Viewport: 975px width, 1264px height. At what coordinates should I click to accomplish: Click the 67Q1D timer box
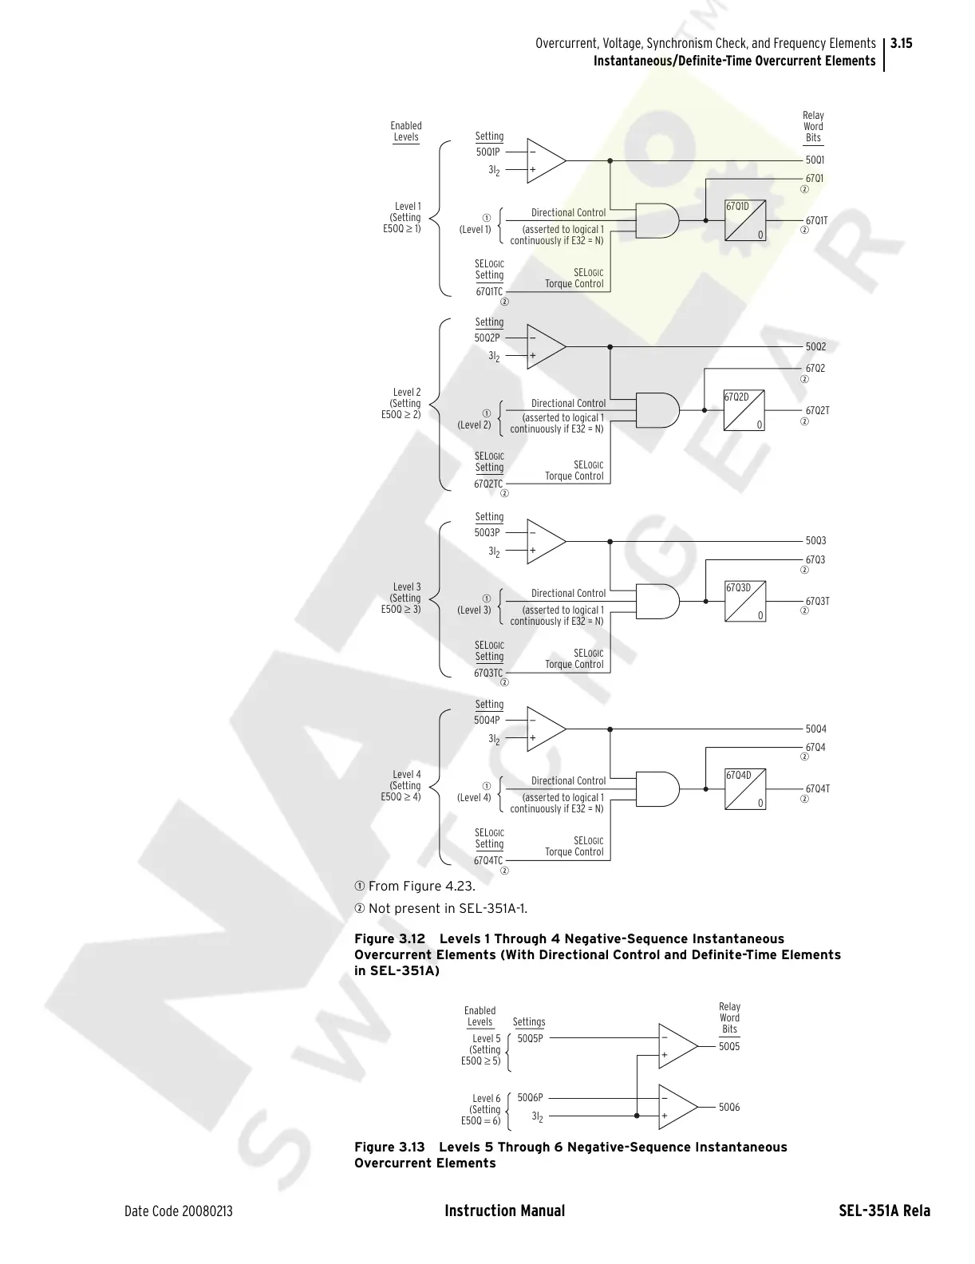click(745, 220)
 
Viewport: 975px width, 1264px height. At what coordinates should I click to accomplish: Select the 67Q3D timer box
click(745, 602)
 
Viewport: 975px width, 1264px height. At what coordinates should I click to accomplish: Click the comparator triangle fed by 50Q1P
click(545, 160)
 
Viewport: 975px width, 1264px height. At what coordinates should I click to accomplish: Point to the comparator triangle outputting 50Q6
click(677, 1107)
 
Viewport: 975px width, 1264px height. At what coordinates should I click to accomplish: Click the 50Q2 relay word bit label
click(815, 347)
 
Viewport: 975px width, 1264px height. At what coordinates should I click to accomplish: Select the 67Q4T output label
click(817, 788)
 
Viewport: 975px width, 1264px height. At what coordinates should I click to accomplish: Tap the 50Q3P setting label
click(487, 532)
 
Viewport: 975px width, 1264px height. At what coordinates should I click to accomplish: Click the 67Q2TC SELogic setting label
click(488, 484)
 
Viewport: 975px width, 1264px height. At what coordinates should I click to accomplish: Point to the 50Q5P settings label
click(530, 1038)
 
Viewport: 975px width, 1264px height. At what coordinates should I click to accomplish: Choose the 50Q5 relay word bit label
click(729, 1046)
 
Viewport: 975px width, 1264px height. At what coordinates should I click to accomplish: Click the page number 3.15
click(901, 43)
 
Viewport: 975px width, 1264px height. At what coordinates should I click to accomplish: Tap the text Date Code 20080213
click(179, 1211)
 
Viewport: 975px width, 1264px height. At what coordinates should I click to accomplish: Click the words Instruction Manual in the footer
click(504, 1211)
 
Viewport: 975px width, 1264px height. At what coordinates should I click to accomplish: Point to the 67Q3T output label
click(817, 601)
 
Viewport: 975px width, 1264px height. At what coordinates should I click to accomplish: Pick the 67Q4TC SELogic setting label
click(488, 860)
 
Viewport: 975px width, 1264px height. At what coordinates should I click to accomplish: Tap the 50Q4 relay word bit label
click(815, 729)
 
